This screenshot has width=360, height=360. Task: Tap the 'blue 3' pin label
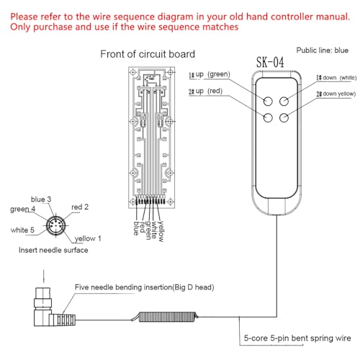[42, 199]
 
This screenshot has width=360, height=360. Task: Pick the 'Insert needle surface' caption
[54, 251]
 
